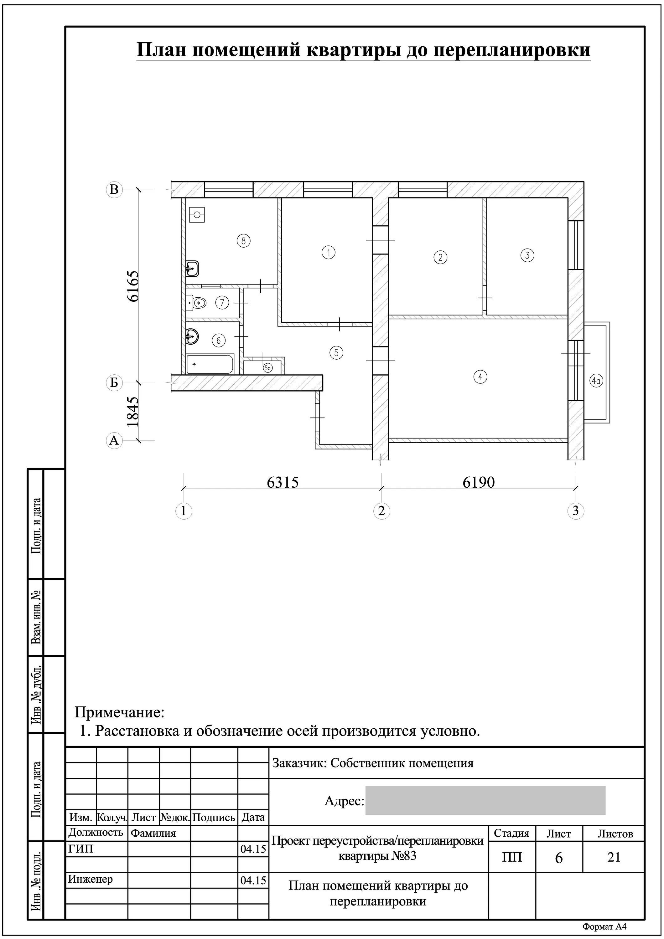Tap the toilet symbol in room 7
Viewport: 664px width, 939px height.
(196, 303)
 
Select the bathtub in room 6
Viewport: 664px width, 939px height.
(210, 364)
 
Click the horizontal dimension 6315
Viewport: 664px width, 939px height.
(283, 483)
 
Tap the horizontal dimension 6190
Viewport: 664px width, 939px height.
(479, 483)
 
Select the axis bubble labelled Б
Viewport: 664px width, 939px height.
(114, 383)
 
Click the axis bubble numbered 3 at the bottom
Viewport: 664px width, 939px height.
(576, 511)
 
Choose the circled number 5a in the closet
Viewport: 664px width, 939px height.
(267, 368)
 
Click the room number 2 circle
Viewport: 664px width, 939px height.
(440, 257)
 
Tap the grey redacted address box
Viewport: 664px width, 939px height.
(485, 801)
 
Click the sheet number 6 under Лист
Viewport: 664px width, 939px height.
(559, 858)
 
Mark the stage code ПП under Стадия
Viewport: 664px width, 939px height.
(512, 858)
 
